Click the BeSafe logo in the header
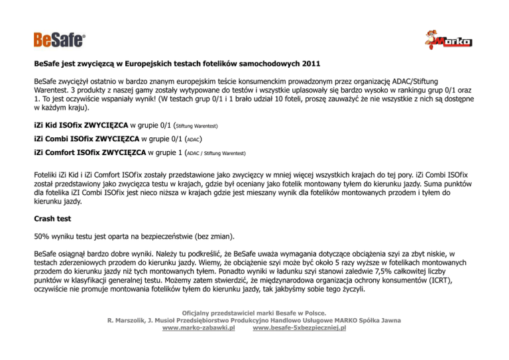pyautogui.click(x=60, y=40)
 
